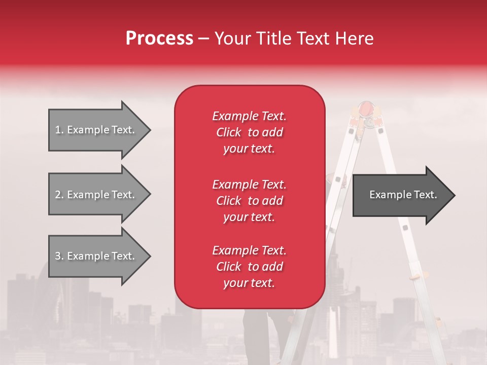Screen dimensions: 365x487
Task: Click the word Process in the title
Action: coord(159,39)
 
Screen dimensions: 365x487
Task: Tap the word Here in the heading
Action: coord(353,39)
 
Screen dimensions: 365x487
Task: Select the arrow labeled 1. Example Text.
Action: coord(96,130)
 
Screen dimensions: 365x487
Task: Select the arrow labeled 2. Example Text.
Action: coord(96,195)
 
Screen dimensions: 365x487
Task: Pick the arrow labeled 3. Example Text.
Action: coord(96,256)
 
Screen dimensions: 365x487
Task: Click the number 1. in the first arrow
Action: coord(59,130)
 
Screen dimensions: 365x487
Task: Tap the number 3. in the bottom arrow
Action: coord(59,256)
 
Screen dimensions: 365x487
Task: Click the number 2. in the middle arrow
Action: coord(59,195)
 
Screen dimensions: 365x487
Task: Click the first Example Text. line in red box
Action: coord(249,116)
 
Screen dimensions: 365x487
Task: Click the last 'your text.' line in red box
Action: coord(249,283)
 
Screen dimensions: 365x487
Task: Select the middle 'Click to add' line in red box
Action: coord(249,201)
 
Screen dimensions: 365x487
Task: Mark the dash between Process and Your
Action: coord(203,39)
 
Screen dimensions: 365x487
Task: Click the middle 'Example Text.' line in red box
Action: coord(249,184)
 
